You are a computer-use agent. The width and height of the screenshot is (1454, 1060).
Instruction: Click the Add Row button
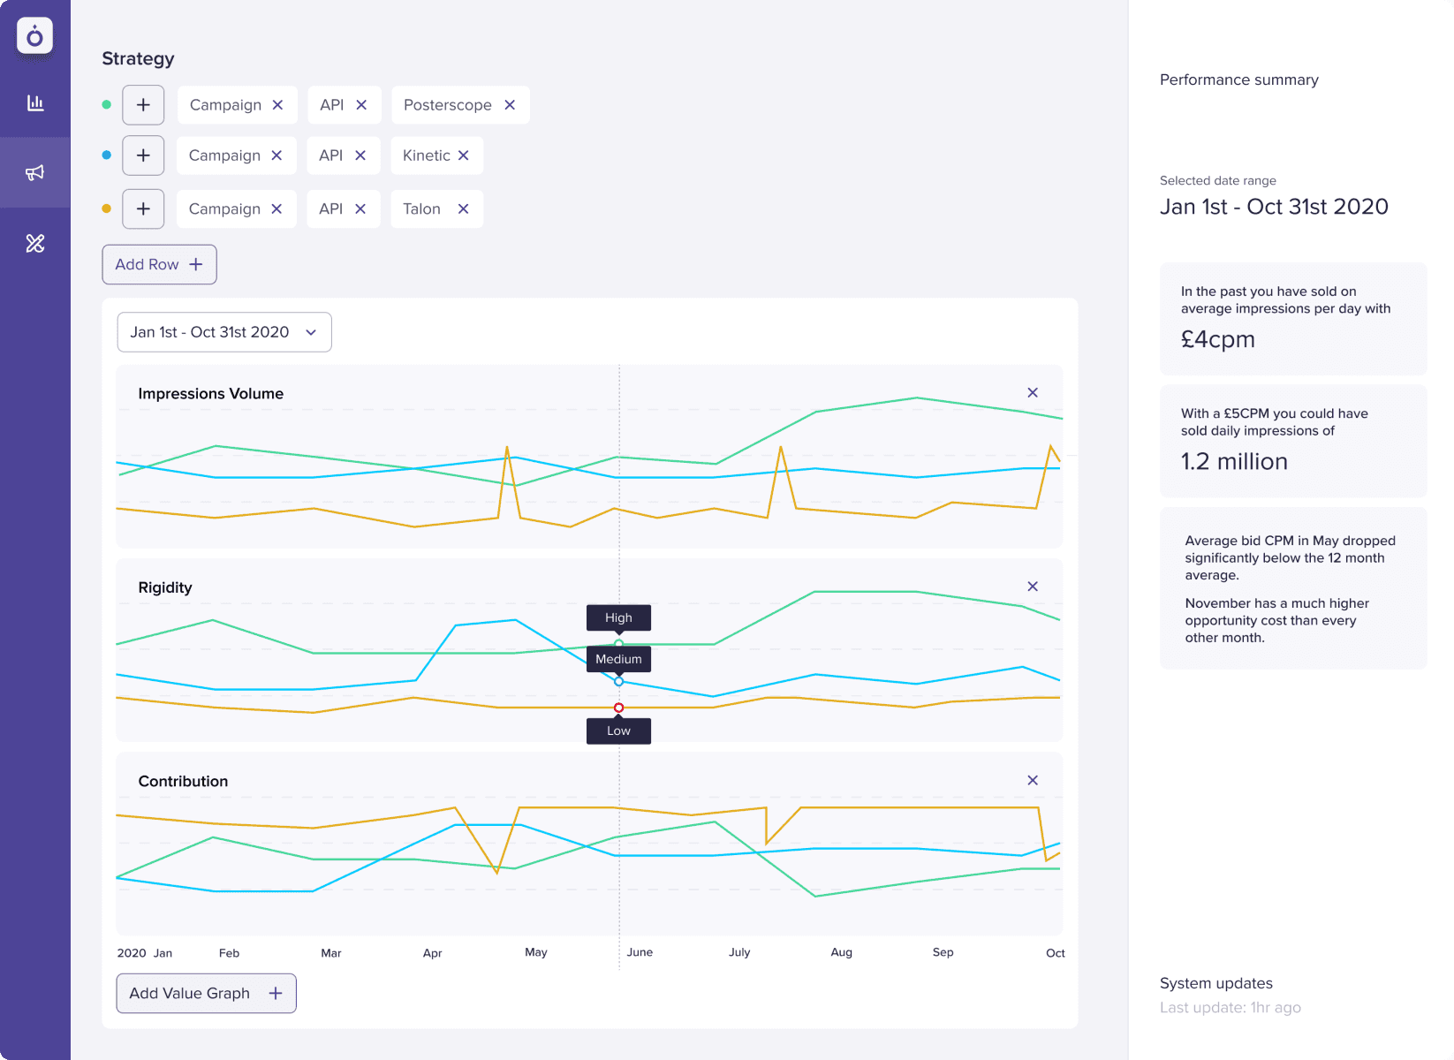click(159, 264)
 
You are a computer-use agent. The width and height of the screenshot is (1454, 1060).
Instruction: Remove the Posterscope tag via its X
click(510, 105)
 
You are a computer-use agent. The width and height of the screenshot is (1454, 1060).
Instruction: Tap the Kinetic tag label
click(426, 155)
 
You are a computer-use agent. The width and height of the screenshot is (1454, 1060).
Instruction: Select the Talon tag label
click(421, 209)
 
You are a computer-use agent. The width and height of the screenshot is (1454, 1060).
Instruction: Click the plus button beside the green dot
click(143, 105)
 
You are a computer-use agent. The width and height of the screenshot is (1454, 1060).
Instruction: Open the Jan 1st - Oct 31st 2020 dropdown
click(224, 332)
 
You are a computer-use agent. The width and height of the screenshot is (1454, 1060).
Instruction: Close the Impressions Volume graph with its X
click(1033, 392)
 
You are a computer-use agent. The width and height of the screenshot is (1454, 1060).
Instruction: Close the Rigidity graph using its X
click(1033, 587)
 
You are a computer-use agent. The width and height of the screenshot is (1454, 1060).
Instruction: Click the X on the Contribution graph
click(1033, 780)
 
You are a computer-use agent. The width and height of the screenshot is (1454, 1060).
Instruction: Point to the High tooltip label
click(618, 617)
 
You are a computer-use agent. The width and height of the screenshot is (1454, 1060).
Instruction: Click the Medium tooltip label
click(618, 659)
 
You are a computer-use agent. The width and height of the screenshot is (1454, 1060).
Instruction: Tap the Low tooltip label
click(618, 731)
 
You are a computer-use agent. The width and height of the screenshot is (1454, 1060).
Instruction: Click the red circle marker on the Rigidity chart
click(618, 708)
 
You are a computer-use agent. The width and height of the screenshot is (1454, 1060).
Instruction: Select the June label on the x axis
click(640, 952)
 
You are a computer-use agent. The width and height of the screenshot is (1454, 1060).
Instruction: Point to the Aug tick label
click(841, 952)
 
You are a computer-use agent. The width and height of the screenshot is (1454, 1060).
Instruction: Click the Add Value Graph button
click(206, 994)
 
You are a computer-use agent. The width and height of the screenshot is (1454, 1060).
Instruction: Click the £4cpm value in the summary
click(1217, 339)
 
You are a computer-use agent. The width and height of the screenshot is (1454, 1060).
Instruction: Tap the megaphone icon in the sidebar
click(35, 172)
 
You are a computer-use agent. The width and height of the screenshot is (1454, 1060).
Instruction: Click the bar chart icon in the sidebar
click(35, 103)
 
